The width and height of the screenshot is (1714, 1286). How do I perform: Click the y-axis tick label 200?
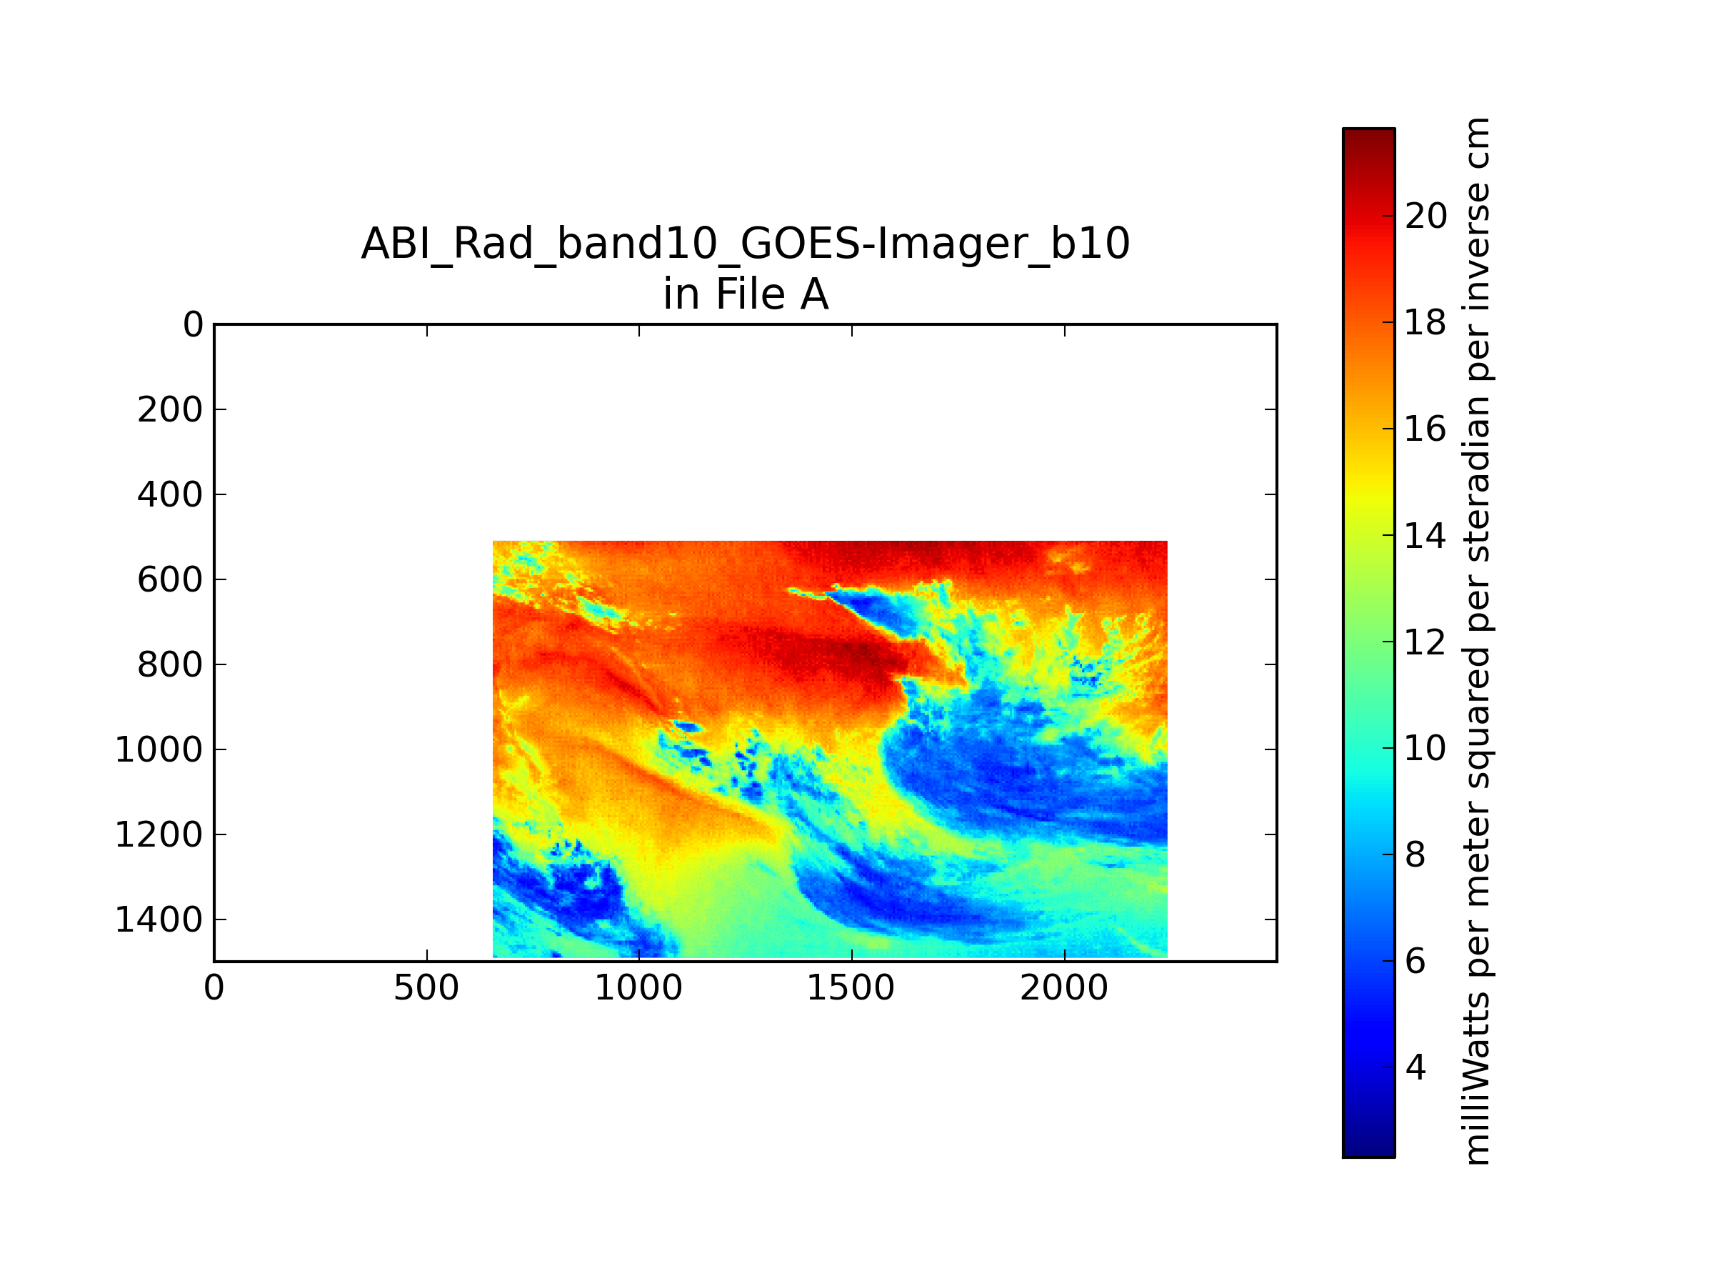pyautogui.click(x=170, y=410)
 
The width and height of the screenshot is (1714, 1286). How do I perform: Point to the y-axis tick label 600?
pyautogui.click(x=170, y=580)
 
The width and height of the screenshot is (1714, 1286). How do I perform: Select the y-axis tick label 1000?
pyautogui.click(x=159, y=750)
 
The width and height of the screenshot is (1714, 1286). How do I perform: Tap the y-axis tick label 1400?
pyautogui.click(x=159, y=920)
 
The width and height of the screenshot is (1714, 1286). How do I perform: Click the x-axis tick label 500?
pyautogui.click(x=426, y=988)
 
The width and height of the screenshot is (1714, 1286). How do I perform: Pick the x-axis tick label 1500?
pyautogui.click(x=851, y=988)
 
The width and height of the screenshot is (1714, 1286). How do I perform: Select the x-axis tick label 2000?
pyautogui.click(x=1064, y=988)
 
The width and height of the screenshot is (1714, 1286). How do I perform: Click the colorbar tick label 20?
pyautogui.click(x=1425, y=216)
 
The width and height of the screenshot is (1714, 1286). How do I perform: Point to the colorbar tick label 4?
pyautogui.click(x=1415, y=1067)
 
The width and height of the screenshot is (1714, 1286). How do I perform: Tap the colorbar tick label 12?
pyautogui.click(x=1425, y=642)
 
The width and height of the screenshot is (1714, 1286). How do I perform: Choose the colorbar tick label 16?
pyautogui.click(x=1425, y=429)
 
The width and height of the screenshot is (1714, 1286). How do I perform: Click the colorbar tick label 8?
pyautogui.click(x=1415, y=854)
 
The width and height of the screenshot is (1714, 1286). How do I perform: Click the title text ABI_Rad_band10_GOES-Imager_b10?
pyautogui.click(x=746, y=244)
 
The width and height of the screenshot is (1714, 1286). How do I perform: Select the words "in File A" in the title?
pyautogui.click(x=746, y=294)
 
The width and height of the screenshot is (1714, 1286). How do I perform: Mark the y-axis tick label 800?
pyautogui.click(x=170, y=665)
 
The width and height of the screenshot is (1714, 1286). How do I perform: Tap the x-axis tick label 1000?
pyautogui.click(x=638, y=988)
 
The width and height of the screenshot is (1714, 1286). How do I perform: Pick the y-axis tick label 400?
pyautogui.click(x=170, y=495)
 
